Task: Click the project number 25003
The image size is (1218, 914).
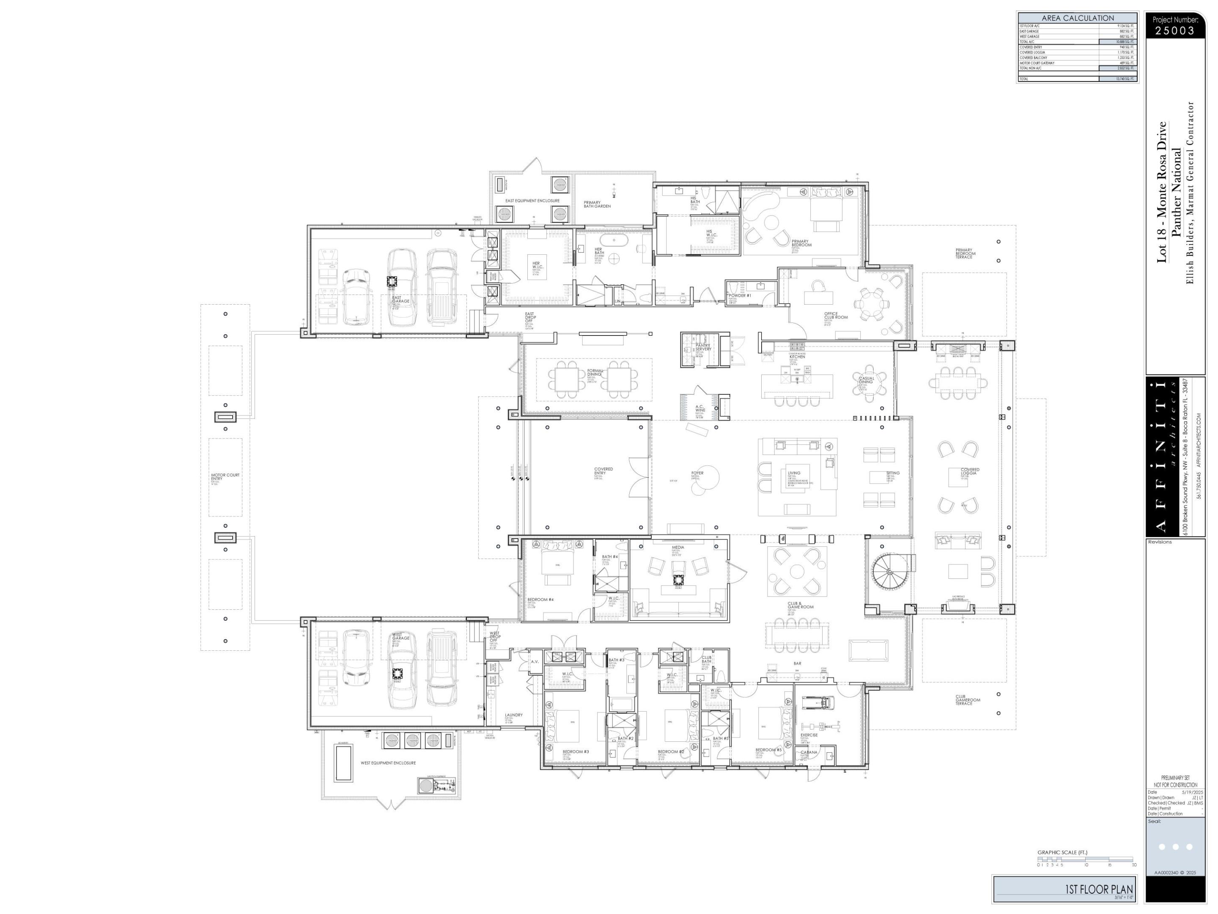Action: click(x=1175, y=31)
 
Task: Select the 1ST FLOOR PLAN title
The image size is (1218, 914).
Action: click(x=1098, y=889)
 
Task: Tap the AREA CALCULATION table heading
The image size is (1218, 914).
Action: click(x=1078, y=18)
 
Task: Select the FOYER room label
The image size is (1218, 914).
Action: click(x=697, y=473)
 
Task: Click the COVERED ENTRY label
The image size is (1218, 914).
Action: click(x=604, y=471)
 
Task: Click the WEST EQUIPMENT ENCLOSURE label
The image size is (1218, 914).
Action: click(x=388, y=763)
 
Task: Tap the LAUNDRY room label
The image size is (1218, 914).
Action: click(x=514, y=715)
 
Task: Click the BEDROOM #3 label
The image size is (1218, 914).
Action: click(x=576, y=752)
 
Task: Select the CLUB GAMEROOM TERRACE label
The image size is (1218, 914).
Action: click(x=968, y=700)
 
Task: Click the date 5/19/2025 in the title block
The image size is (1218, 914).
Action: click(x=1193, y=792)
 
